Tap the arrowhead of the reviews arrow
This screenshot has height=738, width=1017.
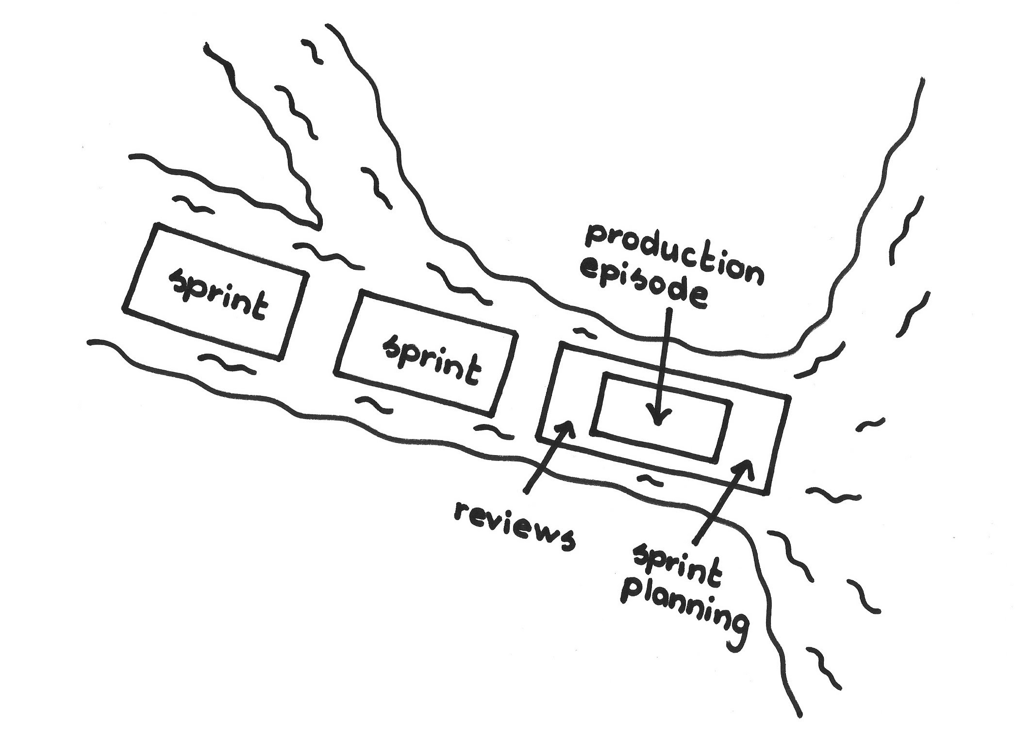tap(565, 428)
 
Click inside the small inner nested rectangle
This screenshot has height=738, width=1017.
tap(689, 427)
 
